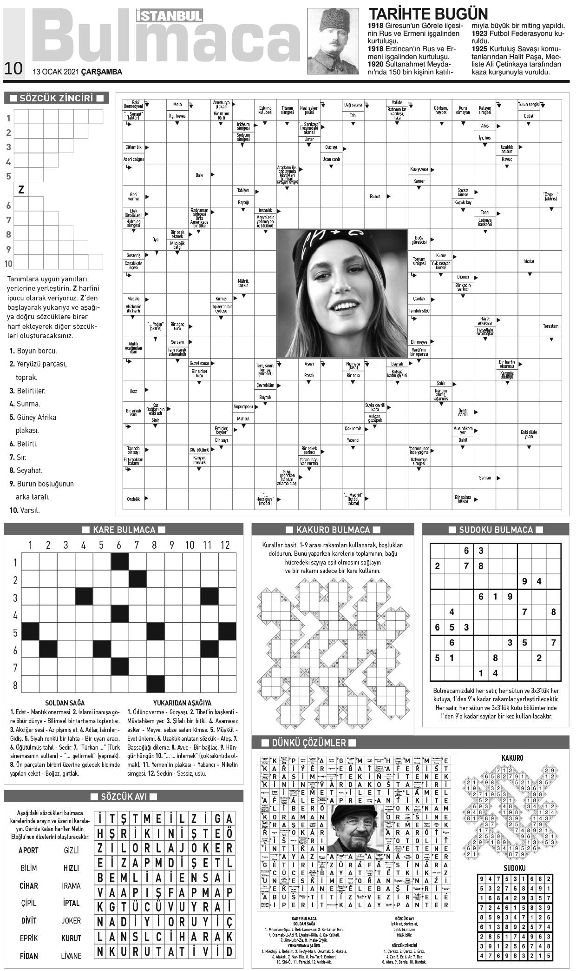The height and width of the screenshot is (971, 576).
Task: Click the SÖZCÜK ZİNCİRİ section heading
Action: pos(56,98)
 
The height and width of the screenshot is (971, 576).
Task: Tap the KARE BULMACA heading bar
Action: pos(124,530)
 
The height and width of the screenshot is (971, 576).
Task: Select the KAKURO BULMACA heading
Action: pos(333,530)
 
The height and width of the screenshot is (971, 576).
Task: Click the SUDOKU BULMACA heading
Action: pos(496,530)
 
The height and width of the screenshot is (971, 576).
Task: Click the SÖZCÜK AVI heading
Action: pos(124,797)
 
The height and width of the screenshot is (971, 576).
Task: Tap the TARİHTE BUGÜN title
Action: pos(428,13)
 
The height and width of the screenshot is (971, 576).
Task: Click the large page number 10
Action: pos(13,68)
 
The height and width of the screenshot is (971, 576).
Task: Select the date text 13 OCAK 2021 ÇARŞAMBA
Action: pos(77,72)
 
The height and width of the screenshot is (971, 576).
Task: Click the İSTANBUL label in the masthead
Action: pos(170,16)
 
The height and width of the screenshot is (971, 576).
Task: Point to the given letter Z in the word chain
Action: pos(21,190)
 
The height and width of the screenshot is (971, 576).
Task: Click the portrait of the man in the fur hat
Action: pos(333,41)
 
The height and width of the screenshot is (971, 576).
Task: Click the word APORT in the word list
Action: pos(28,850)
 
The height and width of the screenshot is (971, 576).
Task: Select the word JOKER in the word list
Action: pos(71,920)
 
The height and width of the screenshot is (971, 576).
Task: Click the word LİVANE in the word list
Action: pos(71,956)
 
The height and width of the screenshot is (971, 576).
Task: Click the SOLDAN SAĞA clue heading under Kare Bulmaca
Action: pos(65,703)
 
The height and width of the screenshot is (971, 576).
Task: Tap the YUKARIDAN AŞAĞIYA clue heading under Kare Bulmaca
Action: pos(182,703)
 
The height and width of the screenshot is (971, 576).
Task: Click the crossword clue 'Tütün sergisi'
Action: pos(529,105)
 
